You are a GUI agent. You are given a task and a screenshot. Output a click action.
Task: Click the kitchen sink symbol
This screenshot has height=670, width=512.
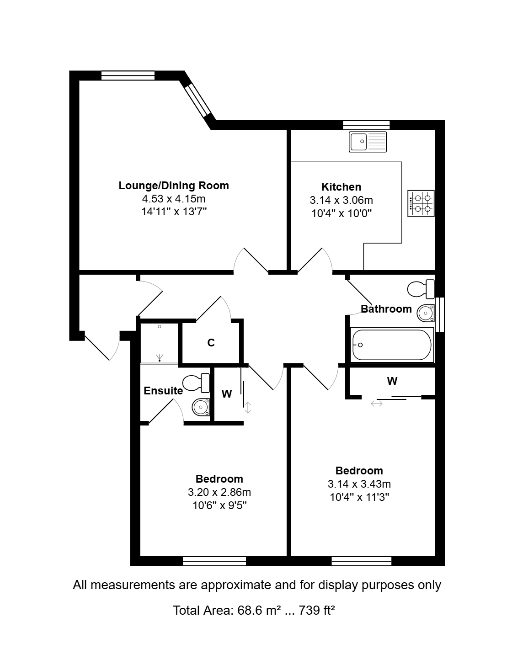coord(368,142)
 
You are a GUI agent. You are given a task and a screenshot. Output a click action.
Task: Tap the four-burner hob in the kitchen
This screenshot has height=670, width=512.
coord(421,203)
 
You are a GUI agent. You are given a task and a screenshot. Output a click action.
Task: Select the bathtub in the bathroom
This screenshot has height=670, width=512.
coord(392,345)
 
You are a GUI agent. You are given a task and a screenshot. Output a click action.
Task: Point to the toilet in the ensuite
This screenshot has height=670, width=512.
coord(196,383)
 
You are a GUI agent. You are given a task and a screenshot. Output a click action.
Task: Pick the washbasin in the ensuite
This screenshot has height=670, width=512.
coord(201,407)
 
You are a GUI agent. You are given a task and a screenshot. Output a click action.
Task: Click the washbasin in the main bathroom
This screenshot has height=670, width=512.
coord(426,313)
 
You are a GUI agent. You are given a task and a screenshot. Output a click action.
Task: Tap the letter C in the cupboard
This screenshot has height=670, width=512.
coord(211,343)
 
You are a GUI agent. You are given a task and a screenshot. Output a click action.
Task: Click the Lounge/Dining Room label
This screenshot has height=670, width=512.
coord(174,185)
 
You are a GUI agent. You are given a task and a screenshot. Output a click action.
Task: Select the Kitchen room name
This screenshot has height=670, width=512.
coord(341,186)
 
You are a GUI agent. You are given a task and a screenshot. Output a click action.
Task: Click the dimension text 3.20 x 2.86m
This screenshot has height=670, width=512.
coord(219,492)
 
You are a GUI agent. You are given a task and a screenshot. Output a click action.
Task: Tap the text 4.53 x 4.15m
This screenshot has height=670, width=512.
coord(174,199)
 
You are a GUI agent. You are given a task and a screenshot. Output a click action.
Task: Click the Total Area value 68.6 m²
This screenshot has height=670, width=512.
coord(259,610)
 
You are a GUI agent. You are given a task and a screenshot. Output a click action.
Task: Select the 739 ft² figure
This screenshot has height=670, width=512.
coord(317,610)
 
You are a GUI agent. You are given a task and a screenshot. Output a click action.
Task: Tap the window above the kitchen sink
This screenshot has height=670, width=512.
coord(366,125)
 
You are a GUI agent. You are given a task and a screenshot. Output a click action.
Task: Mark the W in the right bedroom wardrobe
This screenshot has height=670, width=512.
coord(392,381)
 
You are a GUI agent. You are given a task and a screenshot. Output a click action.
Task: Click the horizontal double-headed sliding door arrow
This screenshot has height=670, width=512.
coord(376,404)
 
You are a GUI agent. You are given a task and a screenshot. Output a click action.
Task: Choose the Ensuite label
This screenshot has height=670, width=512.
coord(163,391)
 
